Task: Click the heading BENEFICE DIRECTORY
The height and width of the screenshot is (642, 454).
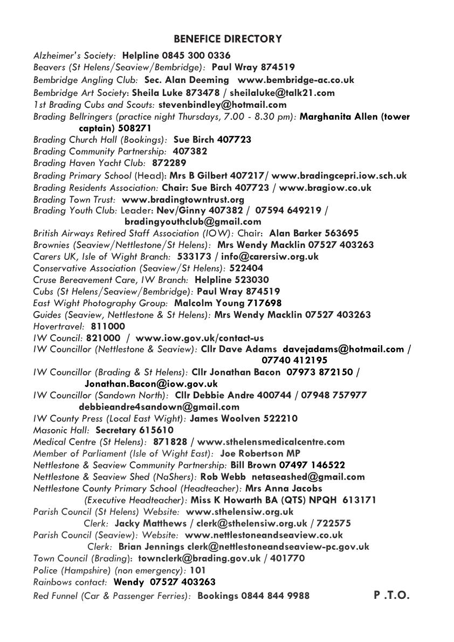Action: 228,39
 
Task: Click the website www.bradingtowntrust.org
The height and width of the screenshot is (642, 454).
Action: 183,199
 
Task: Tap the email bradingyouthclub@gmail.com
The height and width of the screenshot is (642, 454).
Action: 192,222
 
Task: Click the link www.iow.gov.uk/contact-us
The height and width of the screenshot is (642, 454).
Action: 200,338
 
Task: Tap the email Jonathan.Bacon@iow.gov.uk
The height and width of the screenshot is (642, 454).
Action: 151,384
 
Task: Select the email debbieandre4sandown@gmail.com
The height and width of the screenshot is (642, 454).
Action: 159,407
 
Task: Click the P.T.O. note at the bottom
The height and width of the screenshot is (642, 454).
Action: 391,595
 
